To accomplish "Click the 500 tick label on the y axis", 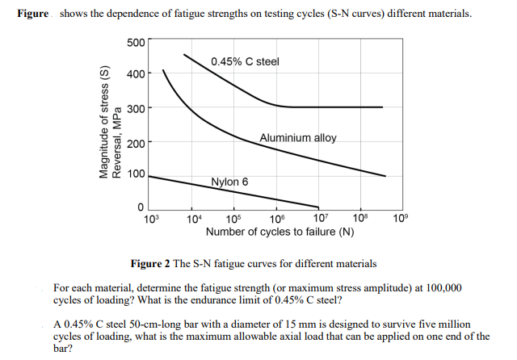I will click(x=136, y=42).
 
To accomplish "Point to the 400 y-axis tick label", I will click(x=136, y=74).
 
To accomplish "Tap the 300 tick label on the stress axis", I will click(x=136, y=108).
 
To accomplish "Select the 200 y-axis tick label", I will click(x=136, y=143).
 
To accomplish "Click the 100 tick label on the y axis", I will click(x=136, y=174).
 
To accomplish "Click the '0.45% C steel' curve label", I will click(x=246, y=62).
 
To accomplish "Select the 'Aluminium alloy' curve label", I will click(x=298, y=138).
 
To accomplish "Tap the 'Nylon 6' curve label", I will click(x=229, y=182).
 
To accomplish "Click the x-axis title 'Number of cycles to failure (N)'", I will click(x=280, y=232).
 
